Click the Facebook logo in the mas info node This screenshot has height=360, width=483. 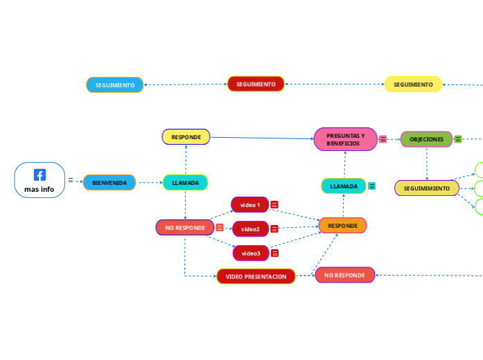coord(39,175)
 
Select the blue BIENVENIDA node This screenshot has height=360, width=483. coord(109,183)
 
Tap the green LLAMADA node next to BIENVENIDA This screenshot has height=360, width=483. coord(185,183)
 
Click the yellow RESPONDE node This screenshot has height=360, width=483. coord(186,137)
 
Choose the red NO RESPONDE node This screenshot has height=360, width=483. coord(184,227)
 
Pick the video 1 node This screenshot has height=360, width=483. coord(249,205)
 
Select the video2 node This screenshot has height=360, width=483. coord(250,228)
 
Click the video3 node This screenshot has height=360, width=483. coord(250,253)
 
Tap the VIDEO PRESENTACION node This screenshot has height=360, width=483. coord(256,276)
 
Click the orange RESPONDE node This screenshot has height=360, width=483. coord(342,225)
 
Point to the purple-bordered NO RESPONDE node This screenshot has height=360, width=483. coord(344,275)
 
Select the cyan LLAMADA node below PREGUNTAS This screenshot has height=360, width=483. coord(344,186)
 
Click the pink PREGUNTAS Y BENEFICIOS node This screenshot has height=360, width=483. coord(345,139)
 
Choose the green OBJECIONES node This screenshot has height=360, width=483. coord(426,139)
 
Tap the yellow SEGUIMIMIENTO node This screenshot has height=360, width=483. coord(426,188)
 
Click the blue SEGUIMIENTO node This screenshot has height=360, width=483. coord(114,85)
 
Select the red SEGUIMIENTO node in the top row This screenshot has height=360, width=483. coord(256,84)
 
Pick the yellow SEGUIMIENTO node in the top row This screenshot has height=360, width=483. coord(413,84)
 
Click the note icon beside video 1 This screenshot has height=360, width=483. coord(274,205)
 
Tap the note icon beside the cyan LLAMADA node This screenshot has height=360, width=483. coord(372,186)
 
